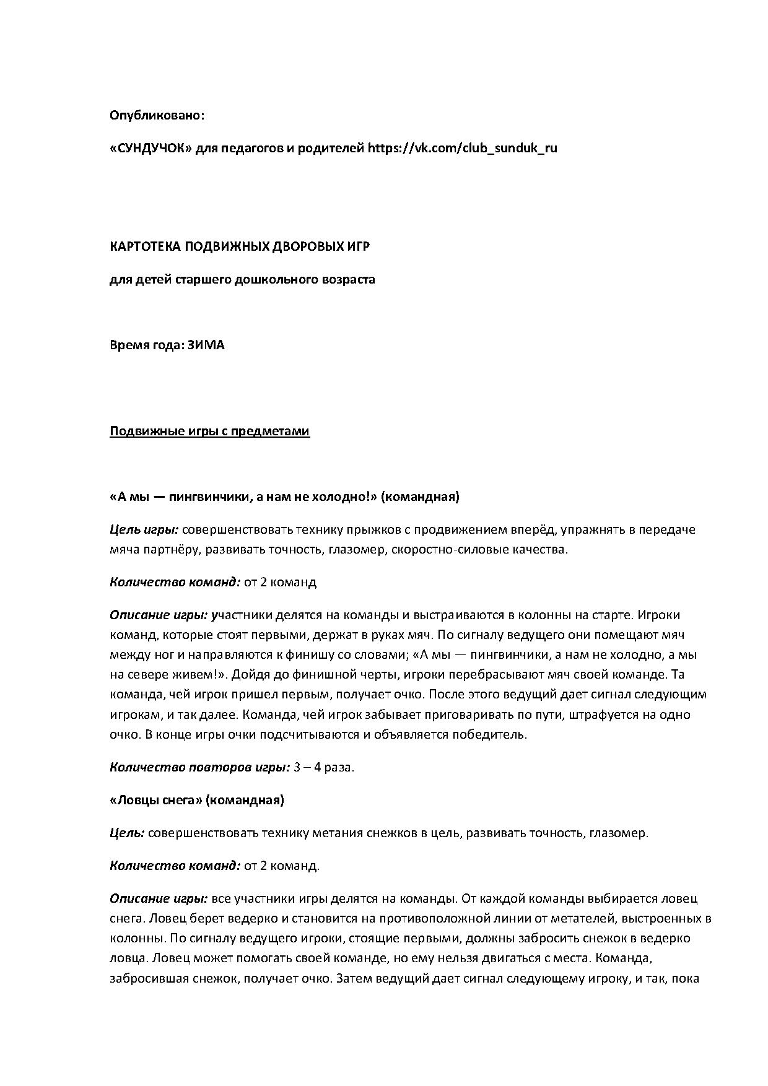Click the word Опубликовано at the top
pyautogui.click(x=157, y=115)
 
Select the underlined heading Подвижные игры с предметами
pyautogui.click(x=209, y=431)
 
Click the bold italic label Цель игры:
pyautogui.click(x=144, y=529)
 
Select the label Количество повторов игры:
pyautogui.click(x=199, y=767)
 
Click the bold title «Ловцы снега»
pyautogui.click(x=156, y=800)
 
